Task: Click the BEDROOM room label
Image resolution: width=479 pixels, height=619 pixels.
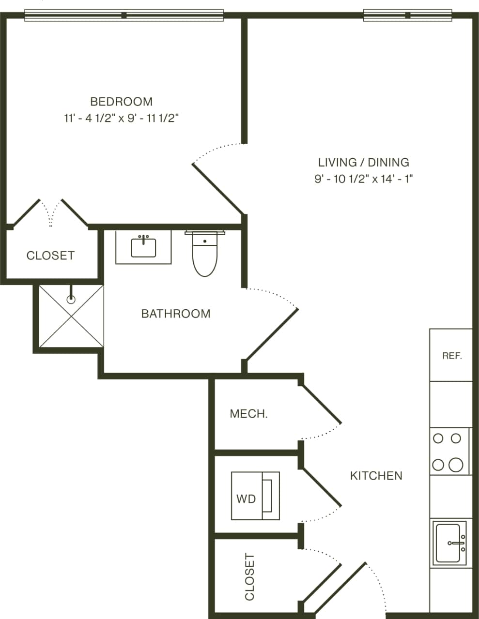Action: (x=121, y=102)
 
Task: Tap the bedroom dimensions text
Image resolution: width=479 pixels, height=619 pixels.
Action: (x=121, y=118)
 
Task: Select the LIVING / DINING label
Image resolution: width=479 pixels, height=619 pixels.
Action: (x=363, y=162)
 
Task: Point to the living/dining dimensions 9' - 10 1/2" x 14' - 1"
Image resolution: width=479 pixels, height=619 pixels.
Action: (x=363, y=179)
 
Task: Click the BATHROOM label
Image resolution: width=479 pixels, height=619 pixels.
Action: (x=176, y=314)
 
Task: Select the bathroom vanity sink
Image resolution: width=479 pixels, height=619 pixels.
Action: (x=143, y=247)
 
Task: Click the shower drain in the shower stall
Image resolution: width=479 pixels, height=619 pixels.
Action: (x=71, y=300)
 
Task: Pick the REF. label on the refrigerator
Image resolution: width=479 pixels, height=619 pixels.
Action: (x=452, y=356)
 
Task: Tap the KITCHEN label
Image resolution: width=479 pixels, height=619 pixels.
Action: (x=376, y=476)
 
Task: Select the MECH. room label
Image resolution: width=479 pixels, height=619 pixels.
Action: (x=248, y=414)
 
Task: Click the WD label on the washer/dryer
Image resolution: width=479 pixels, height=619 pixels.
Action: (x=246, y=498)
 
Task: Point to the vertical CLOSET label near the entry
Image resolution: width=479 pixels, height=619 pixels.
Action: (x=249, y=577)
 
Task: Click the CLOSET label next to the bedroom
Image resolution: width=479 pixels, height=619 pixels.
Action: (x=50, y=256)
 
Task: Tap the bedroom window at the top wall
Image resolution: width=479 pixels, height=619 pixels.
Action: (x=124, y=15)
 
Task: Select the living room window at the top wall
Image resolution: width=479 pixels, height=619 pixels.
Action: (x=407, y=15)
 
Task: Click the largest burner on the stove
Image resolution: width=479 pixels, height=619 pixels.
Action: (x=455, y=465)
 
